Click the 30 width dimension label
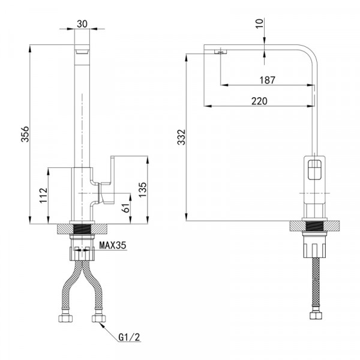click(x=82, y=23)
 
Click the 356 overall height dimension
click(x=25, y=134)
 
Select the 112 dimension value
click(x=43, y=196)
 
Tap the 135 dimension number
click(x=143, y=190)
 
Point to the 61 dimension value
click(x=127, y=208)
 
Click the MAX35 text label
click(x=113, y=245)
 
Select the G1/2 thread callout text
click(x=129, y=337)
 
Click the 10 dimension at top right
click(x=259, y=23)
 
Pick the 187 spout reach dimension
click(x=267, y=80)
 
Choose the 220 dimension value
click(x=259, y=101)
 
